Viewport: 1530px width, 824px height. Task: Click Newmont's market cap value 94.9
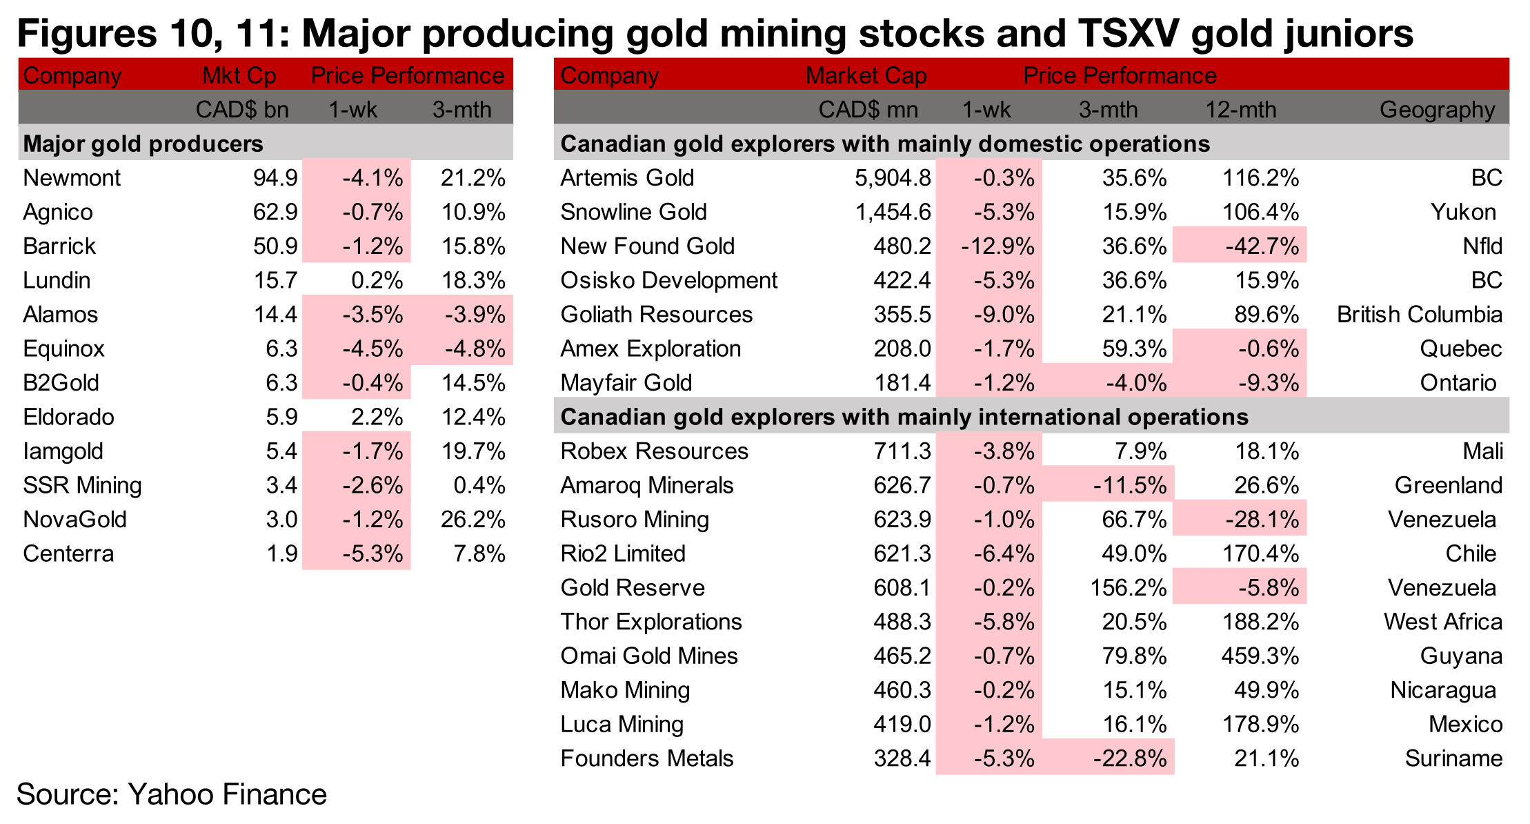pos(275,178)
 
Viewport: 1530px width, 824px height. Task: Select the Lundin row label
pos(57,280)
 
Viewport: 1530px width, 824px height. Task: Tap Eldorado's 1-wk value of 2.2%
pos(376,417)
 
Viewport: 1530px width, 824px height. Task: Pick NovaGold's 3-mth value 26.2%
pos(473,519)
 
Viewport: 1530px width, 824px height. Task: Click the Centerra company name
pos(68,553)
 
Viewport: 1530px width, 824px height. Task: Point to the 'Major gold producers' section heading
pos(143,144)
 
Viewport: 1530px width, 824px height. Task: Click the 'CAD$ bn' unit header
pos(241,110)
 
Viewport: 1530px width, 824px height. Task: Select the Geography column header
pos(1437,110)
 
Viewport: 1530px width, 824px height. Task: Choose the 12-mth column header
pos(1240,110)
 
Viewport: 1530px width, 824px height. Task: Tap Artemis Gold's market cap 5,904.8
pos(893,178)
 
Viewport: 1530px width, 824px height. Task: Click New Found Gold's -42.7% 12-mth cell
pos(1262,246)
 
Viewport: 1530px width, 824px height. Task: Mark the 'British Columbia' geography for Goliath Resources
pos(1419,315)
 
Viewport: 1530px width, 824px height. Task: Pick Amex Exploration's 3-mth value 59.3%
pos(1134,349)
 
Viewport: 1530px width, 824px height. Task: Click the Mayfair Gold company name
pos(626,383)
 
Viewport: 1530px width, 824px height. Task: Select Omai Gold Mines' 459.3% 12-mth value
pos(1260,656)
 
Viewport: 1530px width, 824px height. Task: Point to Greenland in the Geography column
pos(1448,485)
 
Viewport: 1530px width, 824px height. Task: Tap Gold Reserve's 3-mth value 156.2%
pos(1128,588)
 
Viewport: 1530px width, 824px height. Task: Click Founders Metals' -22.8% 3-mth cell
pos(1129,758)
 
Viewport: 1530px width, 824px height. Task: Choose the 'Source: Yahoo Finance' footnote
pos(171,794)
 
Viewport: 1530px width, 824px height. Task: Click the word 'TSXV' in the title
pos(1128,33)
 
